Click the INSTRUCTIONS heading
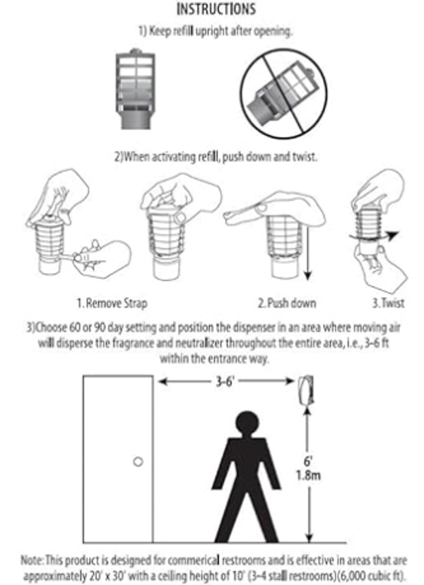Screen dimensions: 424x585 [216, 9]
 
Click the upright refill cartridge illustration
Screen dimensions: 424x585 [135, 90]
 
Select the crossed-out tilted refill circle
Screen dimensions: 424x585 [283, 95]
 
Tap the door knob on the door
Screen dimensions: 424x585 [139, 462]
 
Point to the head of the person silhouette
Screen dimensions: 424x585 [247, 423]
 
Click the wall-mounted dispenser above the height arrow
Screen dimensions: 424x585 [306, 390]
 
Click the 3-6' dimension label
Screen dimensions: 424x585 [225, 381]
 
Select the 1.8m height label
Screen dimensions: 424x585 [308, 476]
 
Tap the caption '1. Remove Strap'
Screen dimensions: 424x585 [112, 303]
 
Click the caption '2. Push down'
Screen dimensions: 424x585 [287, 303]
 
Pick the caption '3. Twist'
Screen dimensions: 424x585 [388, 303]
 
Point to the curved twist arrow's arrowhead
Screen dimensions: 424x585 [393, 236]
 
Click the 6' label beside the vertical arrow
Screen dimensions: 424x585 [307, 461]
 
